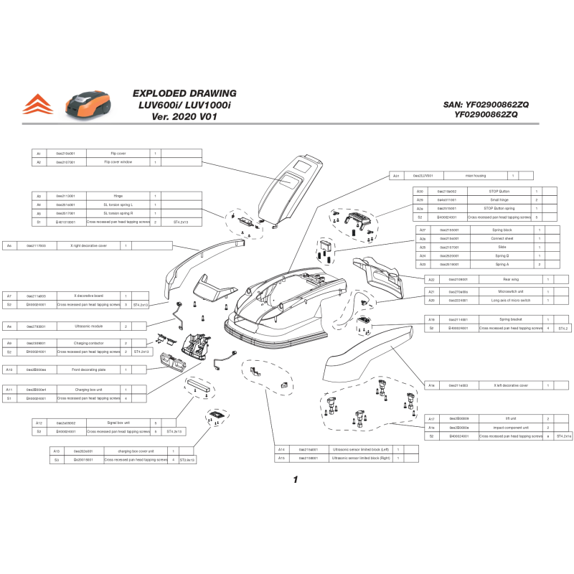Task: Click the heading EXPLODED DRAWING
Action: click(184, 93)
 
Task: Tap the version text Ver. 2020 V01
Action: click(184, 116)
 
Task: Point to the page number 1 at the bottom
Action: click(294, 480)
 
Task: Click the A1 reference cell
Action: click(39, 154)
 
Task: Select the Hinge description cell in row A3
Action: click(118, 196)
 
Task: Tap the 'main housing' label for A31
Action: click(476, 175)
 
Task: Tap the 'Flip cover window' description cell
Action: click(118, 162)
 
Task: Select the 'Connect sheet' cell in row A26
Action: click(502, 238)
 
